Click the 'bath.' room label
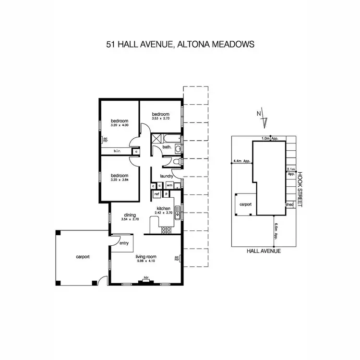[x=167, y=148]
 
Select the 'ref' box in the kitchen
[x=156, y=194]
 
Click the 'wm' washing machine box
[x=169, y=185]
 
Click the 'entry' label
[x=124, y=243]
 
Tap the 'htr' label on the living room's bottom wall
[x=146, y=277]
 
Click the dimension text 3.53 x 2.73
[x=161, y=118]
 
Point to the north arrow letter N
[x=259, y=113]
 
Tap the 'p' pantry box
[x=166, y=194]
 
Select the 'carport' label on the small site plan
[x=246, y=204]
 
